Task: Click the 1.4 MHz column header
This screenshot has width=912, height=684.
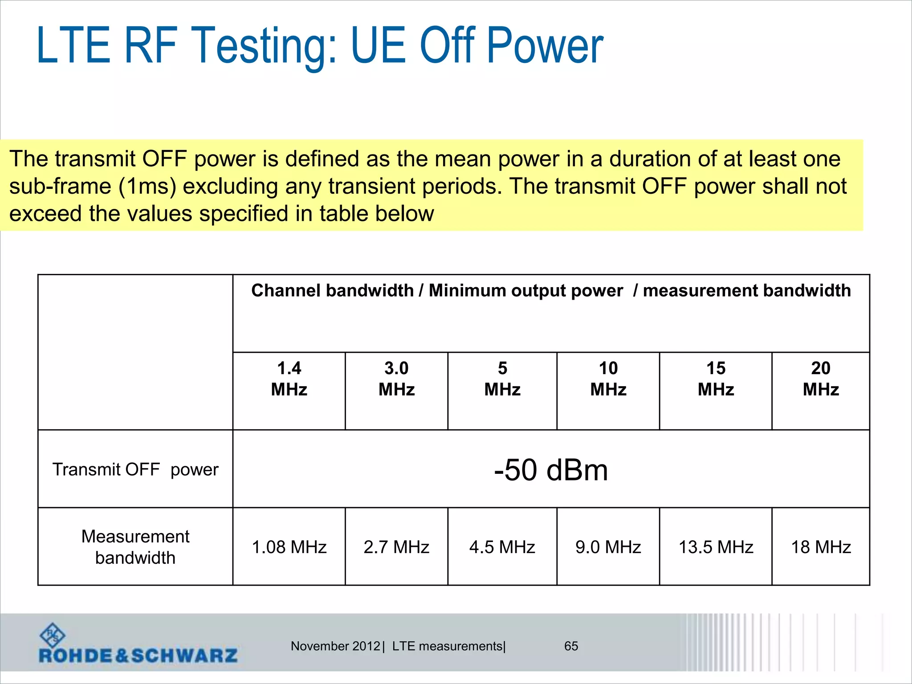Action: click(x=289, y=379)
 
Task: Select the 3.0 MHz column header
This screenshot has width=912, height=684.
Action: click(x=396, y=379)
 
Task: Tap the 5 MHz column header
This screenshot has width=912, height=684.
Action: click(x=502, y=379)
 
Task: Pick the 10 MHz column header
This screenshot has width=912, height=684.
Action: click(x=608, y=379)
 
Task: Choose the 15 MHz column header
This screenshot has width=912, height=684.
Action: click(x=716, y=379)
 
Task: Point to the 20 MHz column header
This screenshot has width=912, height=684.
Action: click(x=821, y=379)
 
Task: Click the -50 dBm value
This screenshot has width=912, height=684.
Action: click(x=551, y=470)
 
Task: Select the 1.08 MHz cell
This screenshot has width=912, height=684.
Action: click(x=289, y=547)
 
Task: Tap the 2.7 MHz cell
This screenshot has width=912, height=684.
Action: click(x=396, y=547)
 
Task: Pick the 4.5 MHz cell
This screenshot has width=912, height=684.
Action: click(x=502, y=547)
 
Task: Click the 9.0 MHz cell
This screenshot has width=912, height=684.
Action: click(x=608, y=547)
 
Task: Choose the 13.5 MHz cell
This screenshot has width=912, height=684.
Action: click(x=716, y=547)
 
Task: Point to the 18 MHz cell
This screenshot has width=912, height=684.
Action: click(x=821, y=547)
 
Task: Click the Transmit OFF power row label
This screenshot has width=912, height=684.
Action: click(x=135, y=469)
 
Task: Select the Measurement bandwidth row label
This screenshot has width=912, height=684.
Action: click(x=135, y=547)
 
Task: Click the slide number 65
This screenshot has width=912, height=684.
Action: click(x=571, y=646)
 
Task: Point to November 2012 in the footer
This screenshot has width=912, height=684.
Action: click(x=335, y=646)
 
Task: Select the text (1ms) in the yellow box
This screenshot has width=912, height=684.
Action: click(x=147, y=186)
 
